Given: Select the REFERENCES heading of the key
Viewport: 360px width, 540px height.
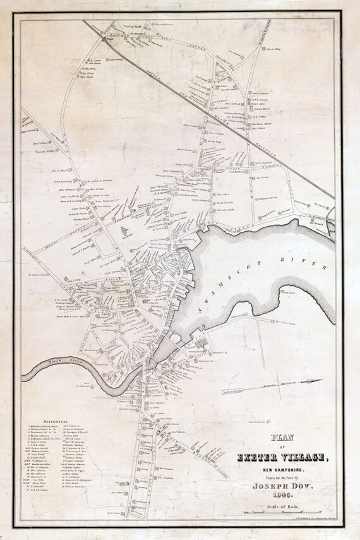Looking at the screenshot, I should point(57,420).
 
